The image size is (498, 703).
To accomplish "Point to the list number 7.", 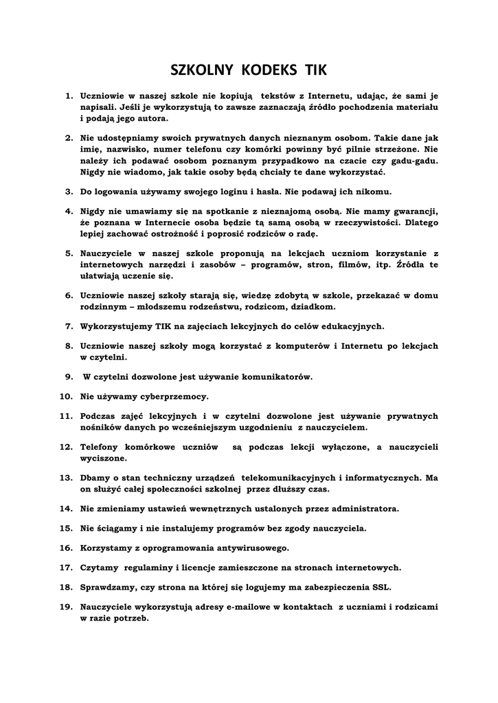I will coord(69,327).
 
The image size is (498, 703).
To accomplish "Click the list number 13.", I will coord(67,477).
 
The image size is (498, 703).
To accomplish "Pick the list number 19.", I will coord(67,607).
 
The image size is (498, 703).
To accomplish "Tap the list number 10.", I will coord(67,396).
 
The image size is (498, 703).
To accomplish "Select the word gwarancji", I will coord(411,211).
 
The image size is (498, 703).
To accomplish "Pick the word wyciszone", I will coord(103,458).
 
